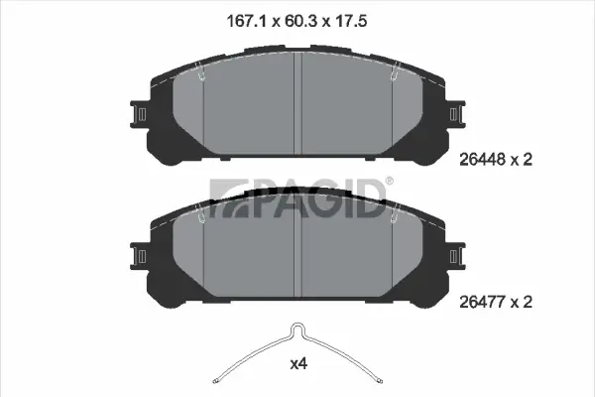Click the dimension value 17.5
point(351,21)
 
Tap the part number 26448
point(482,160)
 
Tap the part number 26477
point(482,302)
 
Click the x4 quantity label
point(298,364)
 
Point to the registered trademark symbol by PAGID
point(390,181)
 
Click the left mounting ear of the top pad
point(139,114)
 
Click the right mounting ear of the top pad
point(456,114)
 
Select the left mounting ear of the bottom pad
point(139,256)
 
